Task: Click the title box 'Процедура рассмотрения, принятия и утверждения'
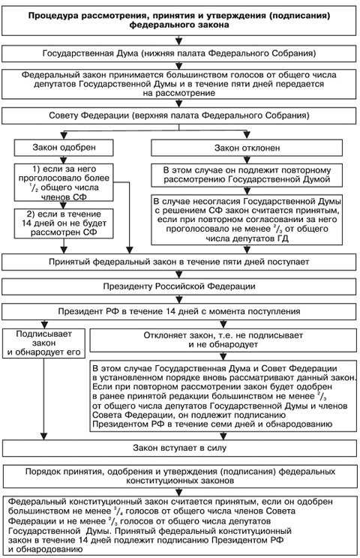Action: click(179, 19)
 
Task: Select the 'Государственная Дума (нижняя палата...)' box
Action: click(179, 54)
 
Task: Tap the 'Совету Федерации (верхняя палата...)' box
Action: click(179, 116)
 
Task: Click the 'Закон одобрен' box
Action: click(63, 147)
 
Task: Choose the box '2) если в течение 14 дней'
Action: click(63, 223)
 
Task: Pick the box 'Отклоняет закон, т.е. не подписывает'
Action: click(223, 342)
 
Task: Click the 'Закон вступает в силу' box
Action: click(179, 448)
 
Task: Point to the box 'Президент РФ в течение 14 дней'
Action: click(179, 311)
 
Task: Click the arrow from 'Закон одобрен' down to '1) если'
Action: click(63, 160)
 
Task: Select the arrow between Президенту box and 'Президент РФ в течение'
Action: click(179, 298)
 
